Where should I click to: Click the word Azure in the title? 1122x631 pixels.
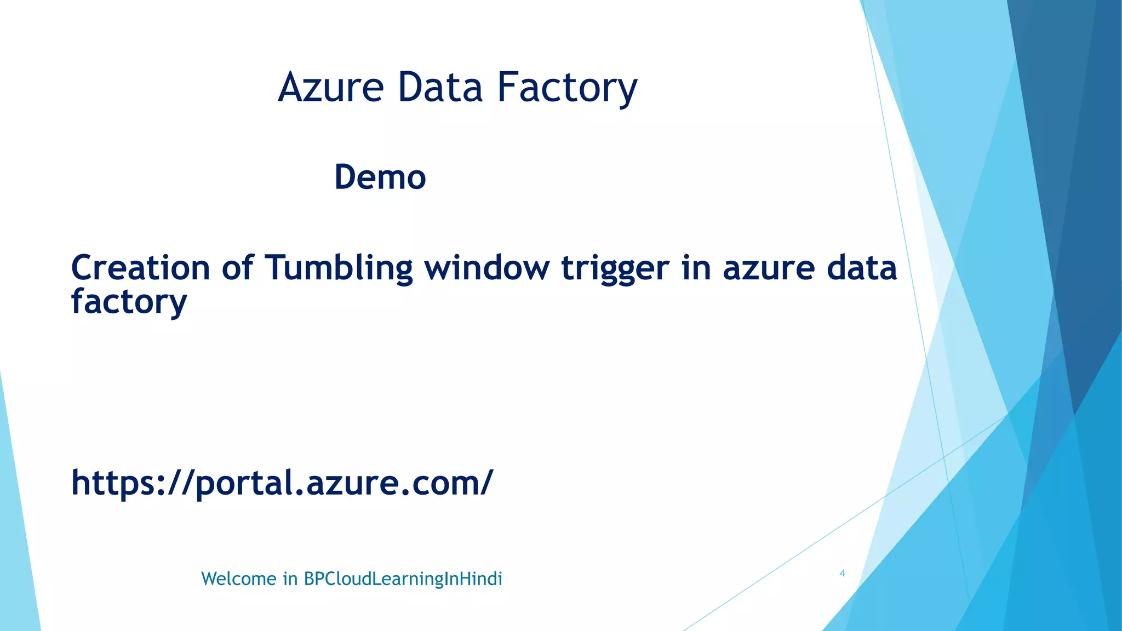[x=331, y=88]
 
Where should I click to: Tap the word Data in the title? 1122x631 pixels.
[x=440, y=88]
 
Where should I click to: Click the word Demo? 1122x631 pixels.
[x=380, y=177]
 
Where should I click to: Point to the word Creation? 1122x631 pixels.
[x=140, y=268]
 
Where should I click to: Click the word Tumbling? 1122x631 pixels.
[x=339, y=269]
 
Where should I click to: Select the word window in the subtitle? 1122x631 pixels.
[x=487, y=268]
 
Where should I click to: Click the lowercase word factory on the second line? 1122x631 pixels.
[x=129, y=302]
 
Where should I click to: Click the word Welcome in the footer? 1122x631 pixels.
[x=239, y=579]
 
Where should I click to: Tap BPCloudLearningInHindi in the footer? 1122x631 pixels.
[x=403, y=579]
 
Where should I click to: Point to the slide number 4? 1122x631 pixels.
[x=842, y=573]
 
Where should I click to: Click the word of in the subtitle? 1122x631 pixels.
[x=237, y=268]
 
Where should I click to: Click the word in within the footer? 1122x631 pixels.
[x=290, y=579]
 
